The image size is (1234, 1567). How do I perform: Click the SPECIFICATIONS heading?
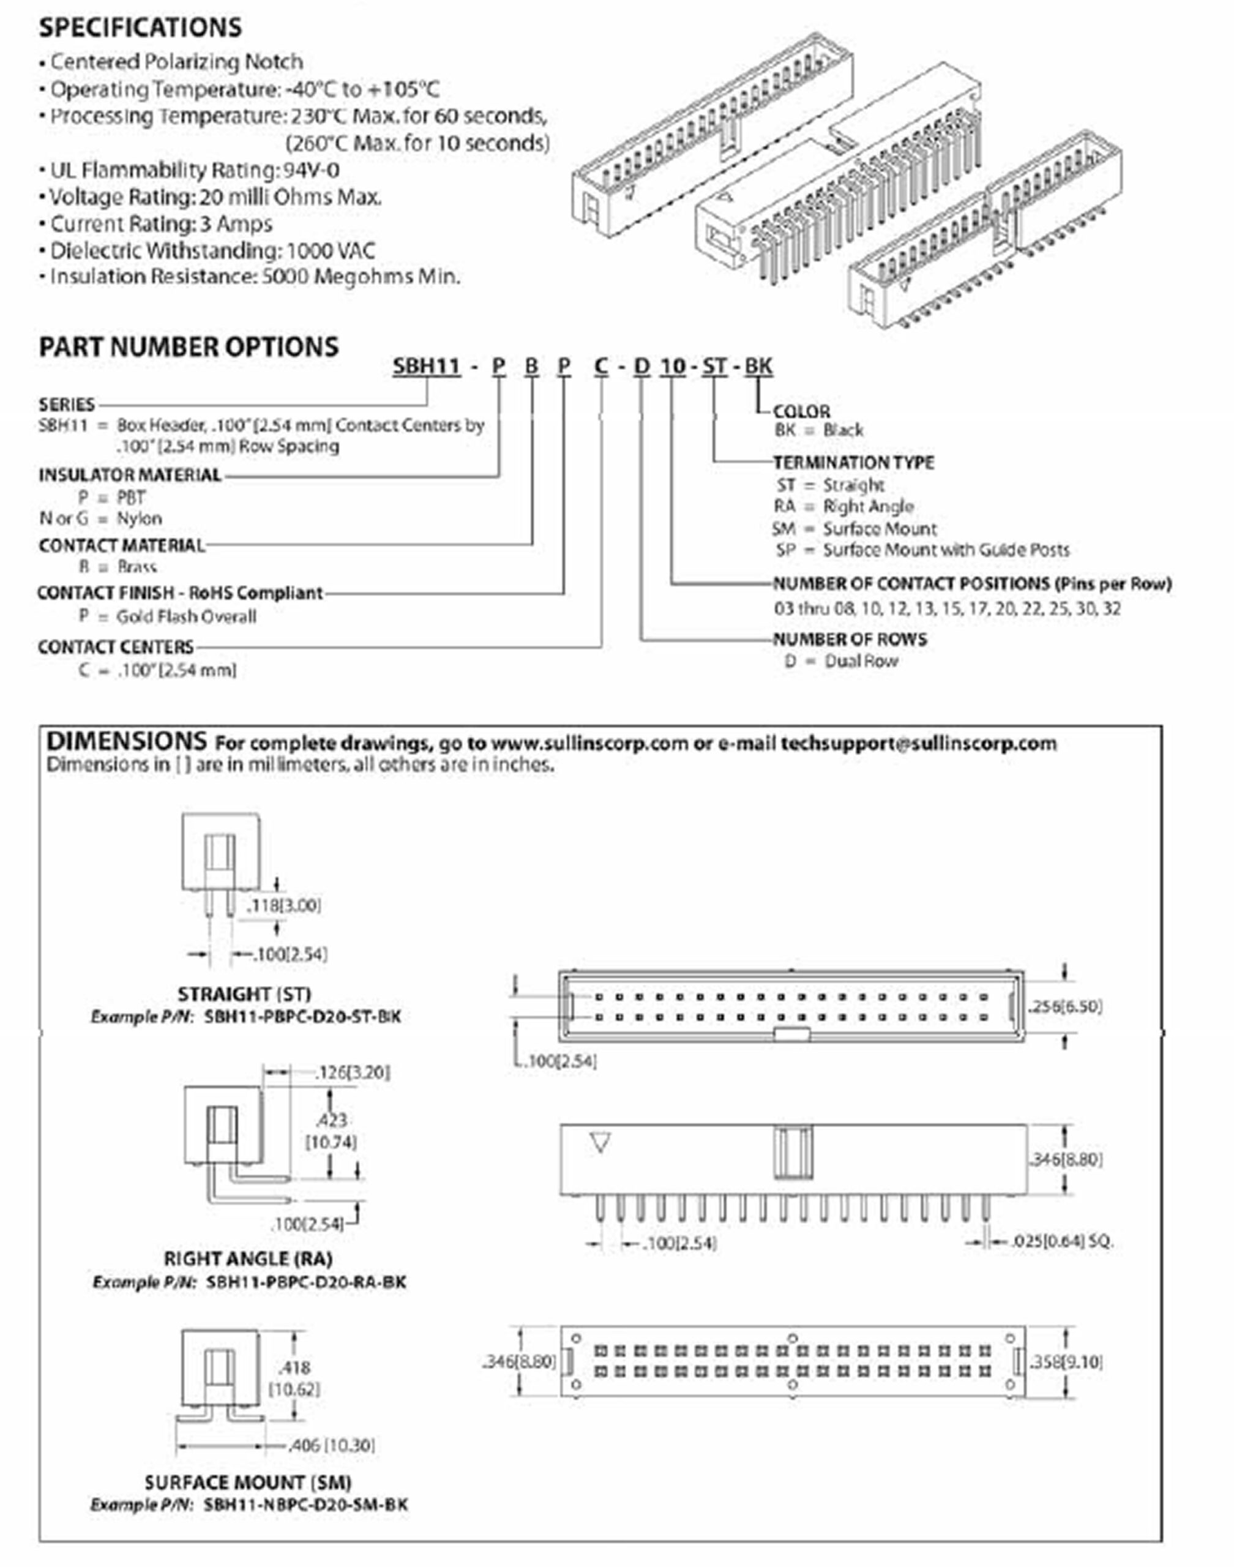pos(140,28)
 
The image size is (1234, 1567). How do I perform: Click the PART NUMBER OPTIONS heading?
pos(188,347)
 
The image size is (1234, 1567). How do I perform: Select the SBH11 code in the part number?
pos(426,366)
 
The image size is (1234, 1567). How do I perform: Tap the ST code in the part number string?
pos(714,366)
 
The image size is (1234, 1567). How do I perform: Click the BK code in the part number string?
pos(758,366)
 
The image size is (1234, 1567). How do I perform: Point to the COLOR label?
pos(801,411)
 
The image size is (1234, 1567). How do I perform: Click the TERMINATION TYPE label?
pos(853,462)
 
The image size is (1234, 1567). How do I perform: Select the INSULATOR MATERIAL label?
pos(130,474)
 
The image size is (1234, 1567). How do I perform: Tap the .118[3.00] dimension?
pos(283,905)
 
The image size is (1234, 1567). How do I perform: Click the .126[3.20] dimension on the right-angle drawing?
pos(353,1072)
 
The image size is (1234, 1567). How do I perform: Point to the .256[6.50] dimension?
pos(1066,1006)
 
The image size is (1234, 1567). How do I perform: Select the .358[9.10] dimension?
pos(1066,1362)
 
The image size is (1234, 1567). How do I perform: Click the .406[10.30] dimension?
pos(332,1446)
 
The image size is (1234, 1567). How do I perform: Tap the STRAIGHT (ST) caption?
pos(244,994)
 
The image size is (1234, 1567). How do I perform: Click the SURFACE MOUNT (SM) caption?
pos(248,1483)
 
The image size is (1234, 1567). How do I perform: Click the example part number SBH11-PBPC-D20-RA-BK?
pos(306,1282)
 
